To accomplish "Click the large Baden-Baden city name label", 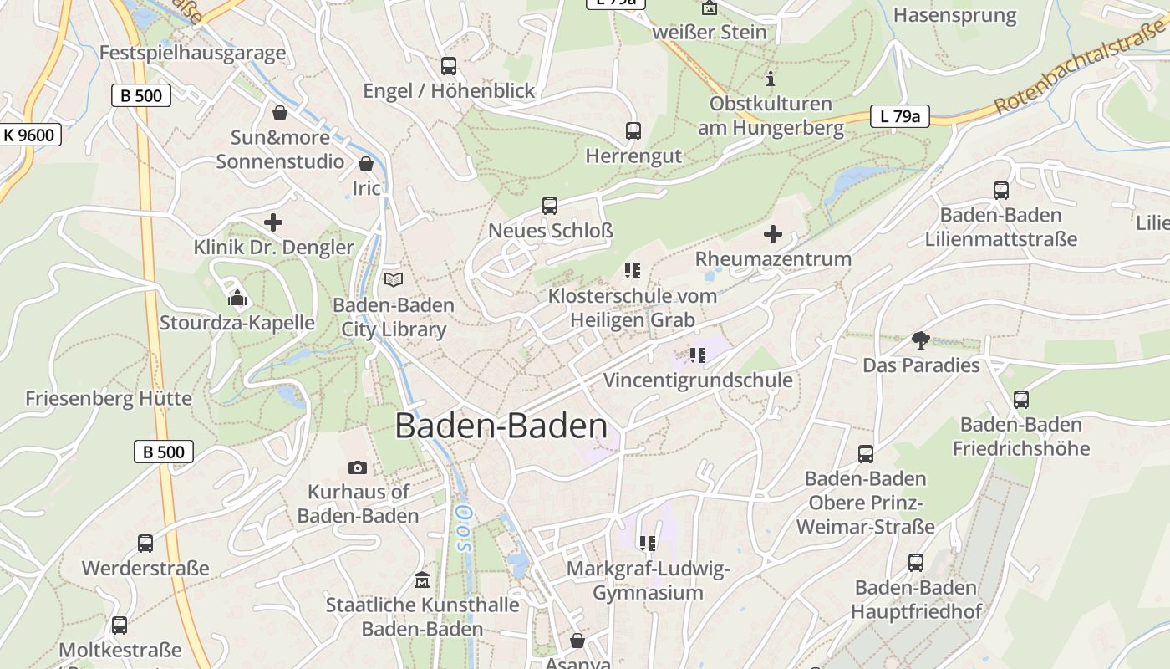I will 501,426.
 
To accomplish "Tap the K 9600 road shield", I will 28,135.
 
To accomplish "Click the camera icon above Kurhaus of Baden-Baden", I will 358,467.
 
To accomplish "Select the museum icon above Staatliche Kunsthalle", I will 422,580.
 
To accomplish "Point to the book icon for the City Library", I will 393,279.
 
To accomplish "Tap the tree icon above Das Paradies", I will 921,340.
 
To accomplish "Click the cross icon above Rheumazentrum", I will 773,234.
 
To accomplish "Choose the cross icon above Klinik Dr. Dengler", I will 273,222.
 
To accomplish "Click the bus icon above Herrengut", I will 633,131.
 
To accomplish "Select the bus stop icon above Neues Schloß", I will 550,206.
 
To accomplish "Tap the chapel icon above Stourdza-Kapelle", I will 237,297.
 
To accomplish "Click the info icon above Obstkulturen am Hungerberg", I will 771,79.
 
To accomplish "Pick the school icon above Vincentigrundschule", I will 698,355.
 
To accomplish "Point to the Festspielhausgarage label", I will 192,53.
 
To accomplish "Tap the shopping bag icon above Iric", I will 365,164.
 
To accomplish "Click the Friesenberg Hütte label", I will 109,398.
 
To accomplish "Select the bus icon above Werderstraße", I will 145,544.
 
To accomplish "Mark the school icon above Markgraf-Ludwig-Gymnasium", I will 648,544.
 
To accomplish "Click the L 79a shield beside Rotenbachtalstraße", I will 899,116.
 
